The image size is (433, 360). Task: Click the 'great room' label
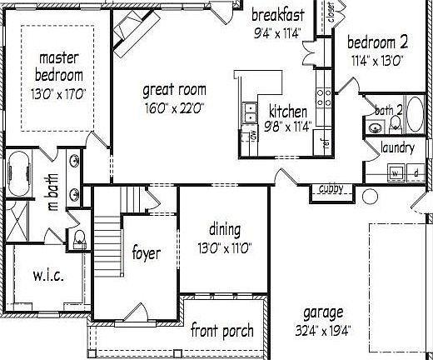click(174, 90)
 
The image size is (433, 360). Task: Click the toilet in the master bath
click(80, 240)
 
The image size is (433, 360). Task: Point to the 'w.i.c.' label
click(49, 276)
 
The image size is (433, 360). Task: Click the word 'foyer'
click(146, 252)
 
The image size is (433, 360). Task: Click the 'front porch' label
click(221, 331)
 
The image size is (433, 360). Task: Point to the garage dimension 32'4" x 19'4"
click(322, 330)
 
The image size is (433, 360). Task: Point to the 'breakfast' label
click(277, 16)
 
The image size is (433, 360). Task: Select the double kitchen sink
click(248, 110)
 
